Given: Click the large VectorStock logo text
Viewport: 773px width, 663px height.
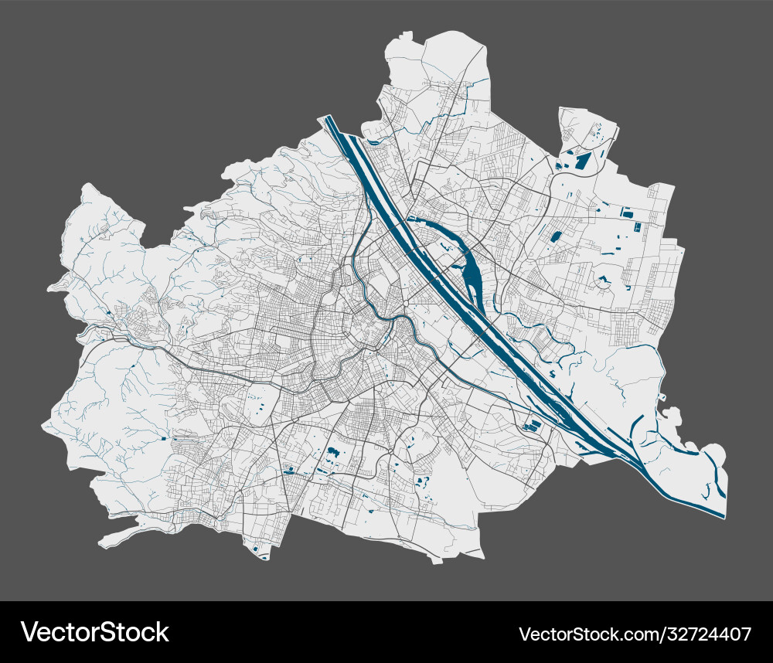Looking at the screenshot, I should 94,632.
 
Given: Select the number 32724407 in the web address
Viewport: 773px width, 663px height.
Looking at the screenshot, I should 708,634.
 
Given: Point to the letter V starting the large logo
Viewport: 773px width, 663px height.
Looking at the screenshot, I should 29,632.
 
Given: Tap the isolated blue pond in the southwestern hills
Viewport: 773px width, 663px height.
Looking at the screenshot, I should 164,437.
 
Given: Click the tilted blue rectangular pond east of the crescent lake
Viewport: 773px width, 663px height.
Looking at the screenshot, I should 555,236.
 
